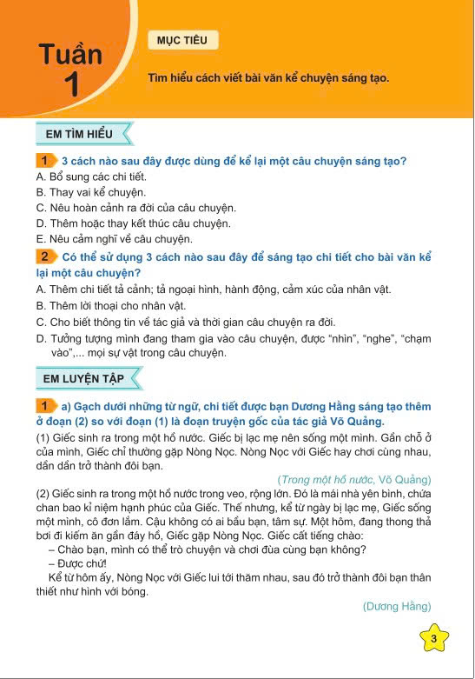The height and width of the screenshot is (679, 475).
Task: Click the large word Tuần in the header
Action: pos(70,56)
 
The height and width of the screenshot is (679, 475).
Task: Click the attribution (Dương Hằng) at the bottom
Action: pos(396,606)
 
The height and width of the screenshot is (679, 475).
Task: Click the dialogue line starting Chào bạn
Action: pos(207,548)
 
